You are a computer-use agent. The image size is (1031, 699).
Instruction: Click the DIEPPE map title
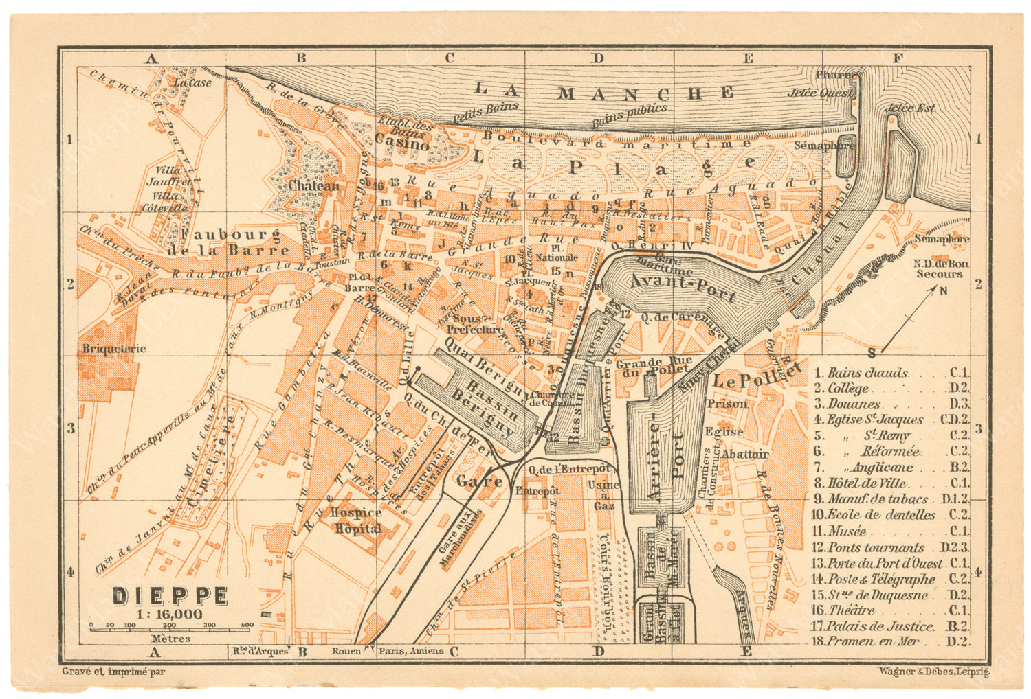pyautogui.click(x=170, y=595)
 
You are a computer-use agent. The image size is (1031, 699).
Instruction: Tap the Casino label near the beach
pyautogui.click(x=401, y=144)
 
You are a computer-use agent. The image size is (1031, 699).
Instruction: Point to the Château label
pyautogui.click(x=313, y=185)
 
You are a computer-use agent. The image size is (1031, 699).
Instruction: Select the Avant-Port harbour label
pyautogui.click(x=683, y=287)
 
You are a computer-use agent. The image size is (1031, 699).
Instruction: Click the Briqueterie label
pyautogui.click(x=114, y=348)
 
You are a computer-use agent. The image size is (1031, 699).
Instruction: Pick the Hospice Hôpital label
pyautogui.click(x=356, y=520)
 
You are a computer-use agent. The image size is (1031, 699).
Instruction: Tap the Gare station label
pyautogui.click(x=480, y=481)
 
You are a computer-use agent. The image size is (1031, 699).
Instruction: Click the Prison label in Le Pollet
pyautogui.click(x=727, y=404)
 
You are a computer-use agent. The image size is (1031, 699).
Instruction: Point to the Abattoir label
pyautogui.click(x=745, y=454)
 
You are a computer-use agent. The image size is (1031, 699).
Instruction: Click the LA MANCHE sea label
pyautogui.click(x=603, y=91)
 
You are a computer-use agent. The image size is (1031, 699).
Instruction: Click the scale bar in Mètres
pyautogui.click(x=171, y=626)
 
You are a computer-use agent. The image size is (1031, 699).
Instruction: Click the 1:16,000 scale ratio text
pyautogui.click(x=169, y=614)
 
